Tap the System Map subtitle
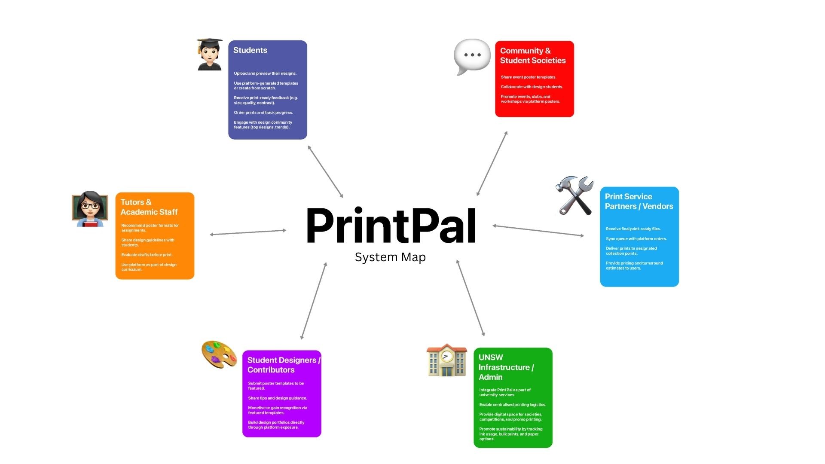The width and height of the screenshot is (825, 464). click(x=390, y=257)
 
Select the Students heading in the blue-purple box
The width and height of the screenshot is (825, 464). click(x=250, y=50)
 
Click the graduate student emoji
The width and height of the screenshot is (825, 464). click(x=210, y=55)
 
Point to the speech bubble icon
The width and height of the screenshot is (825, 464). click(x=472, y=56)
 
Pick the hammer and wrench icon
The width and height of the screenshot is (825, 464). click(x=574, y=195)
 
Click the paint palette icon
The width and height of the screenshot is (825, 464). click(x=219, y=354)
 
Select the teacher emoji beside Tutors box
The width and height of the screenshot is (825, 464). click(x=90, y=209)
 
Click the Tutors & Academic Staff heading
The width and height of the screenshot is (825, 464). click(x=149, y=207)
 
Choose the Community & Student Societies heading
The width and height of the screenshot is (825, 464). click(x=533, y=56)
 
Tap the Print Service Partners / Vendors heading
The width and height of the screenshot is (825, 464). click(x=639, y=201)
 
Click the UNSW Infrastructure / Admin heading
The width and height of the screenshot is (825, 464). click(x=506, y=367)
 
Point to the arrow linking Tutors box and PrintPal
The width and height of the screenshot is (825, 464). click(x=248, y=232)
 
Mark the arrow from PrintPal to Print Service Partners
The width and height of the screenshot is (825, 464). click(x=538, y=231)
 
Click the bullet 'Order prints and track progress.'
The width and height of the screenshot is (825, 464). click(x=263, y=113)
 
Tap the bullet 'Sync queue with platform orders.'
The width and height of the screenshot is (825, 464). click(x=636, y=239)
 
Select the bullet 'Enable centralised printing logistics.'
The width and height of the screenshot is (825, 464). click(x=513, y=405)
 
